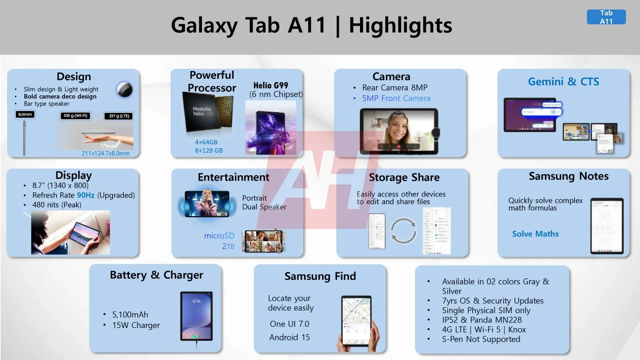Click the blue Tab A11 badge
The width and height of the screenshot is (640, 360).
[606, 17]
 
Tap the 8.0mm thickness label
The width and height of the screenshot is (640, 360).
[25, 114]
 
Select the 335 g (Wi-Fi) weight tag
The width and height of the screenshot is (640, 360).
[75, 116]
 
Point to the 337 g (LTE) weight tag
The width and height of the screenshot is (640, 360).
[119, 116]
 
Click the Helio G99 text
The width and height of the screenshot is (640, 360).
[271, 85]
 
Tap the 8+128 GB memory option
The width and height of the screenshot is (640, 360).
[209, 150]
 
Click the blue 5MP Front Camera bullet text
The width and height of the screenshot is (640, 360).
[396, 98]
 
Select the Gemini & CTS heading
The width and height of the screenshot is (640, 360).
[563, 81]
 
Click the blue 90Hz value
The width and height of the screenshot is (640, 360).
[86, 195]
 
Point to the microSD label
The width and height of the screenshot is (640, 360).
[219, 236]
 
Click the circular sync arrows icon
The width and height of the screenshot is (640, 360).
[403, 230]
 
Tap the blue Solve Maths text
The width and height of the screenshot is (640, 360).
[535, 234]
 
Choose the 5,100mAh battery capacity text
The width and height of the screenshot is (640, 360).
[130, 314]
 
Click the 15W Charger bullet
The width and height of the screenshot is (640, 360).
[136, 325]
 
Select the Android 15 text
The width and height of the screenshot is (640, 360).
[289, 337]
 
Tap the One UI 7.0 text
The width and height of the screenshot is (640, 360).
[289, 324]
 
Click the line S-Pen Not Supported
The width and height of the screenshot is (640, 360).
[481, 339]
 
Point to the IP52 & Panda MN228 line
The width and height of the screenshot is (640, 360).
[482, 320]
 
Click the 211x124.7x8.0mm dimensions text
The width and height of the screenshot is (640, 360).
[106, 153]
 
